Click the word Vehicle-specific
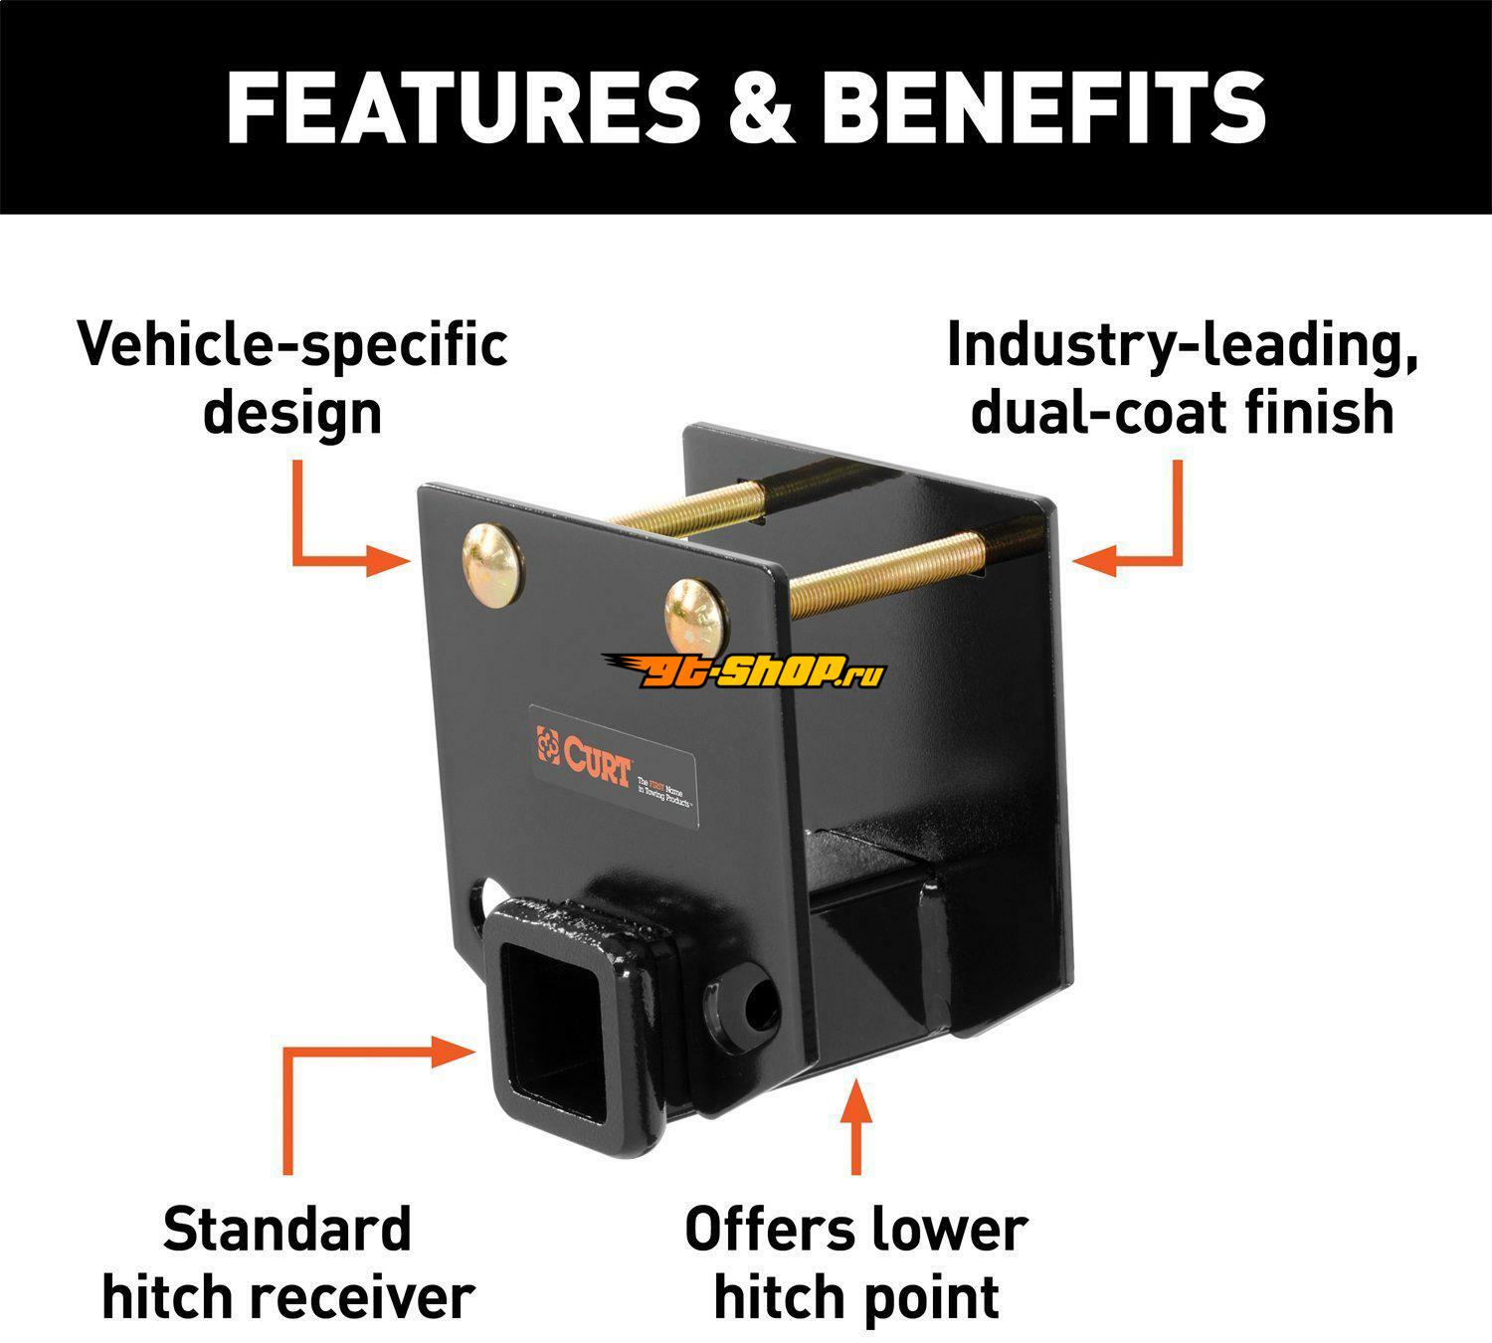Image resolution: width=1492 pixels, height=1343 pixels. (293, 345)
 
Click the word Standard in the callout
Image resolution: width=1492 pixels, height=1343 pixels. (286, 1230)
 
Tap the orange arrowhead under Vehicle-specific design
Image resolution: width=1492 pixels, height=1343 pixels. (390, 560)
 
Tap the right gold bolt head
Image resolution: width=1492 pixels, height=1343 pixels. (695, 616)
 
